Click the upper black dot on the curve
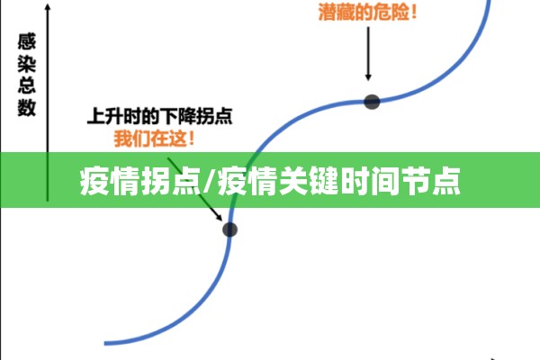click(x=372, y=102)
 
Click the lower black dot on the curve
click(x=229, y=229)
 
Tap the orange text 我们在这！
click(x=154, y=139)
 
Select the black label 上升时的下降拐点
click(x=160, y=116)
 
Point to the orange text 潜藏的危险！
click(x=368, y=12)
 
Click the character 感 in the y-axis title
click(x=27, y=41)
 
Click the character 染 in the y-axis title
click(x=27, y=63)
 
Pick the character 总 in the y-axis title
click(x=27, y=85)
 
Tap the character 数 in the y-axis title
click(x=27, y=107)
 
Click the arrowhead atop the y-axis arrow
click(x=48, y=7)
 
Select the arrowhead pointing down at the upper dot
click(x=368, y=76)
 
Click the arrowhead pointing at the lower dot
click(x=219, y=217)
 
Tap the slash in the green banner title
click(x=209, y=181)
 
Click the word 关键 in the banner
click(x=308, y=181)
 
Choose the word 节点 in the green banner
click(x=431, y=181)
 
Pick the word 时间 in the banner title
click(x=370, y=181)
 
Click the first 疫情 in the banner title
click(x=109, y=181)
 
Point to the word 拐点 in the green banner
click(x=171, y=181)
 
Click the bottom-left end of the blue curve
click(x=105, y=343)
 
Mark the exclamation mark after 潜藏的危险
click(x=414, y=12)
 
